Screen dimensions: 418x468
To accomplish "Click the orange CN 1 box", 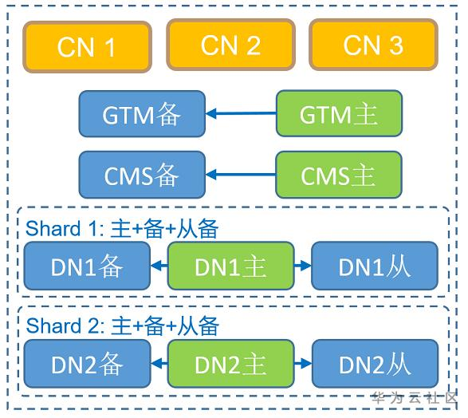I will point(87,47).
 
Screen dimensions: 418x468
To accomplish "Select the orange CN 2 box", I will point(230,45).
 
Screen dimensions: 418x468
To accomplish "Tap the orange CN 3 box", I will point(373,45).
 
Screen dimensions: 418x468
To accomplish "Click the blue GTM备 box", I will point(142,114).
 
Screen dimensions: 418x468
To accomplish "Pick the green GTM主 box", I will point(339,114).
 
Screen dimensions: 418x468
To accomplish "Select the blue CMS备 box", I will point(142,175).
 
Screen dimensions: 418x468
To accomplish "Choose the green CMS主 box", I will point(339,175).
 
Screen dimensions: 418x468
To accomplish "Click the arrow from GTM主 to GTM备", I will point(241,114).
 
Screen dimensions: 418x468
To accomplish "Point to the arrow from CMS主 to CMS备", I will point(241,175).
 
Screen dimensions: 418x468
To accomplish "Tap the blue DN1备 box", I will point(87,266).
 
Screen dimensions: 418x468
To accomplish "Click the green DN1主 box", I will point(230,266).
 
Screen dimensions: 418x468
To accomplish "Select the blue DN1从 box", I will point(375,266).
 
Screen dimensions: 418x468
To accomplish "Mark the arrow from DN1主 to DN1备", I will point(159,266).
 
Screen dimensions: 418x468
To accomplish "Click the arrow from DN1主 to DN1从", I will point(302,266).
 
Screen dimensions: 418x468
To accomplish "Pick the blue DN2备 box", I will point(87,364).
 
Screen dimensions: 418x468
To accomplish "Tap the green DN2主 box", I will point(230,364).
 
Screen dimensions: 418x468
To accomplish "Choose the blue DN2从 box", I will point(375,364).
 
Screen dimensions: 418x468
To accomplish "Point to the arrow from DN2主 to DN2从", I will point(302,364).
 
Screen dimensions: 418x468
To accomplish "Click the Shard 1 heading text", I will point(122,229).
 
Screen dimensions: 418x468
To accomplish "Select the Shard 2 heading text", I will point(122,325).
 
